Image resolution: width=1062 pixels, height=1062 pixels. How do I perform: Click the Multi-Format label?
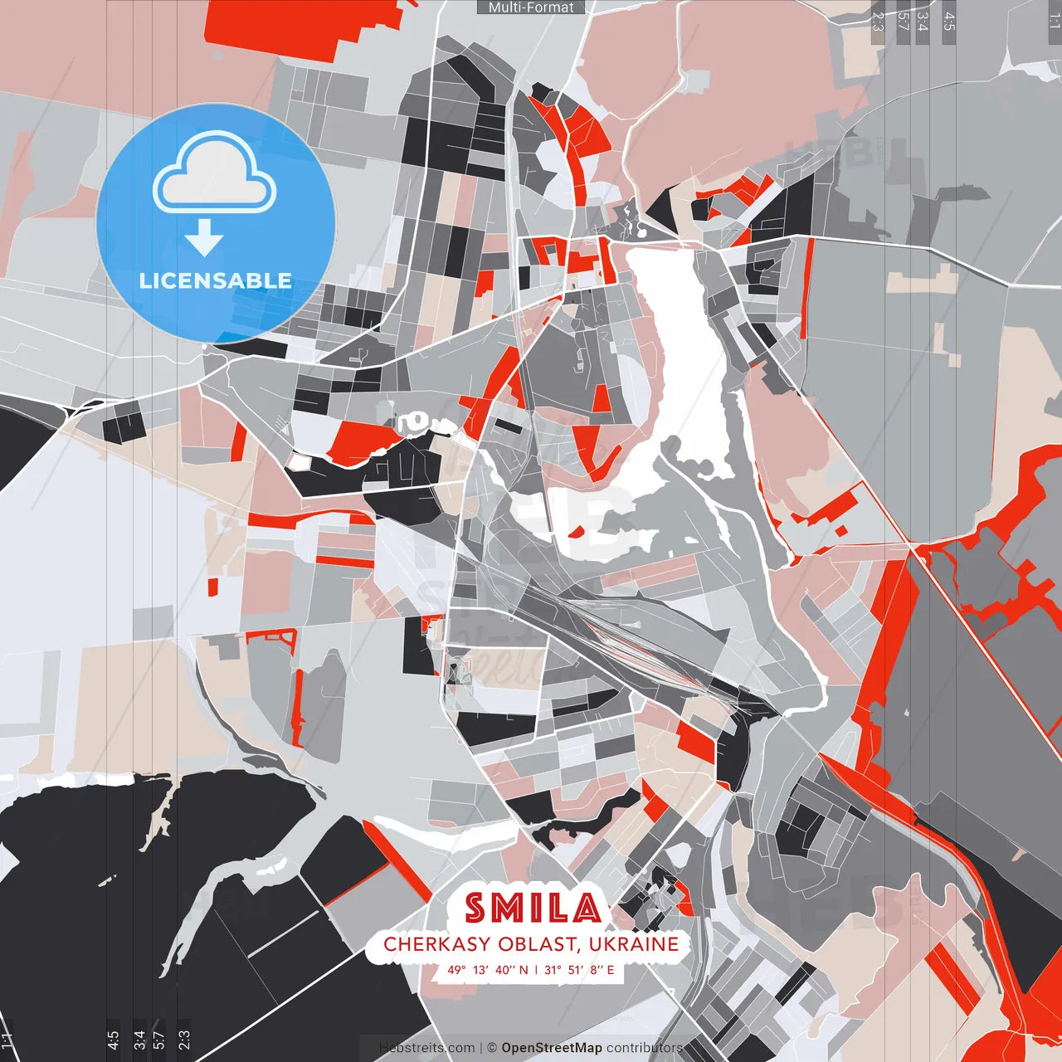coord(531,7)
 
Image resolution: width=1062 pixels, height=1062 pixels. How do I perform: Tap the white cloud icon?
coord(215,176)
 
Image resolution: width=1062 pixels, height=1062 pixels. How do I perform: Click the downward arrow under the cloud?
coord(204,239)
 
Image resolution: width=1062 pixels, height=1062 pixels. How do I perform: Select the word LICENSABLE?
coord(216,280)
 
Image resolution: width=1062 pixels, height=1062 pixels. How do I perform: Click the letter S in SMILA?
coord(475,909)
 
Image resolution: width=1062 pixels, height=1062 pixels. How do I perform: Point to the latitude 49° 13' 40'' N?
coord(488,970)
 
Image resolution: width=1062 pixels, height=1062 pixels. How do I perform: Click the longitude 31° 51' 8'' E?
coord(579,970)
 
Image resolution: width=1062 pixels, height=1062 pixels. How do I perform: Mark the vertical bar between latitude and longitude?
coord(536,970)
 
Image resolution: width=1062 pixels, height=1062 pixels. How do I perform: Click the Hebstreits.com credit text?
coord(427,1048)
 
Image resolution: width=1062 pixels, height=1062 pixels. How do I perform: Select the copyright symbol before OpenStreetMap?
coord(492,1048)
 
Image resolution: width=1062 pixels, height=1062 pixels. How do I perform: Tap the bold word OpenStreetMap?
coord(552,1048)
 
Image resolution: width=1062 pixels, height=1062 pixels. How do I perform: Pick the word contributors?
coord(645,1048)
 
